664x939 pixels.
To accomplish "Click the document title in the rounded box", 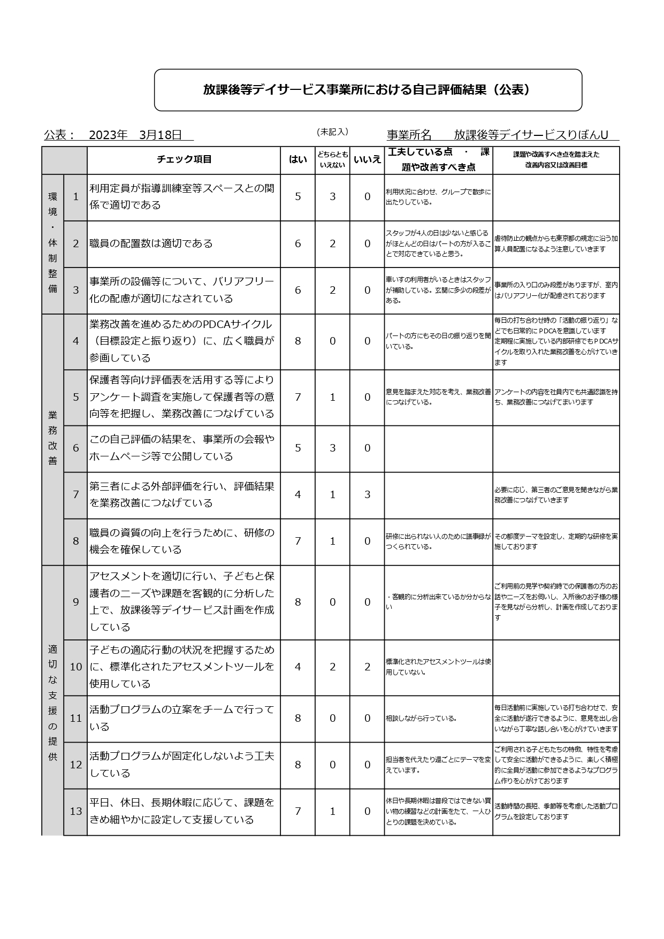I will [x=368, y=90].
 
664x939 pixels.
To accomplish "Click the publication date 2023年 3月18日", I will [x=135, y=135].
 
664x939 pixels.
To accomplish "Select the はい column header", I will [x=297, y=159].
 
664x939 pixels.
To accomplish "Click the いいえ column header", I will [x=367, y=159].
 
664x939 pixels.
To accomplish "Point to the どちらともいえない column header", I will [x=332, y=159].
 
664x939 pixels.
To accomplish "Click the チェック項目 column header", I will [x=184, y=159].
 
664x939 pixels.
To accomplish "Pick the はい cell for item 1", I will [x=298, y=196].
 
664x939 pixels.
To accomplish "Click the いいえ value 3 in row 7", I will [x=367, y=494].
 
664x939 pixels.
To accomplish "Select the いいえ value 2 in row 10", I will [x=367, y=667].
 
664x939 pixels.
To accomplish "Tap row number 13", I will [x=75, y=811].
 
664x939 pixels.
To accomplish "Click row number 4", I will [x=75, y=341].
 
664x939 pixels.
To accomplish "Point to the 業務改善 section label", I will [x=52, y=438].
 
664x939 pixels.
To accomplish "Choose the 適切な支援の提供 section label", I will [x=52, y=703].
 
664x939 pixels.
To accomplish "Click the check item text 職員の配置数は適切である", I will [x=151, y=243].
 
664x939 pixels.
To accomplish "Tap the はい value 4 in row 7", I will [x=298, y=494].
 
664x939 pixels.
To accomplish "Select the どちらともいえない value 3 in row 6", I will [x=332, y=448].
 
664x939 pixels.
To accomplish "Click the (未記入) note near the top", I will [x=332, y=132].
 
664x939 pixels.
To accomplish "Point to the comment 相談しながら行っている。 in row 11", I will [x=421, y=718].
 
